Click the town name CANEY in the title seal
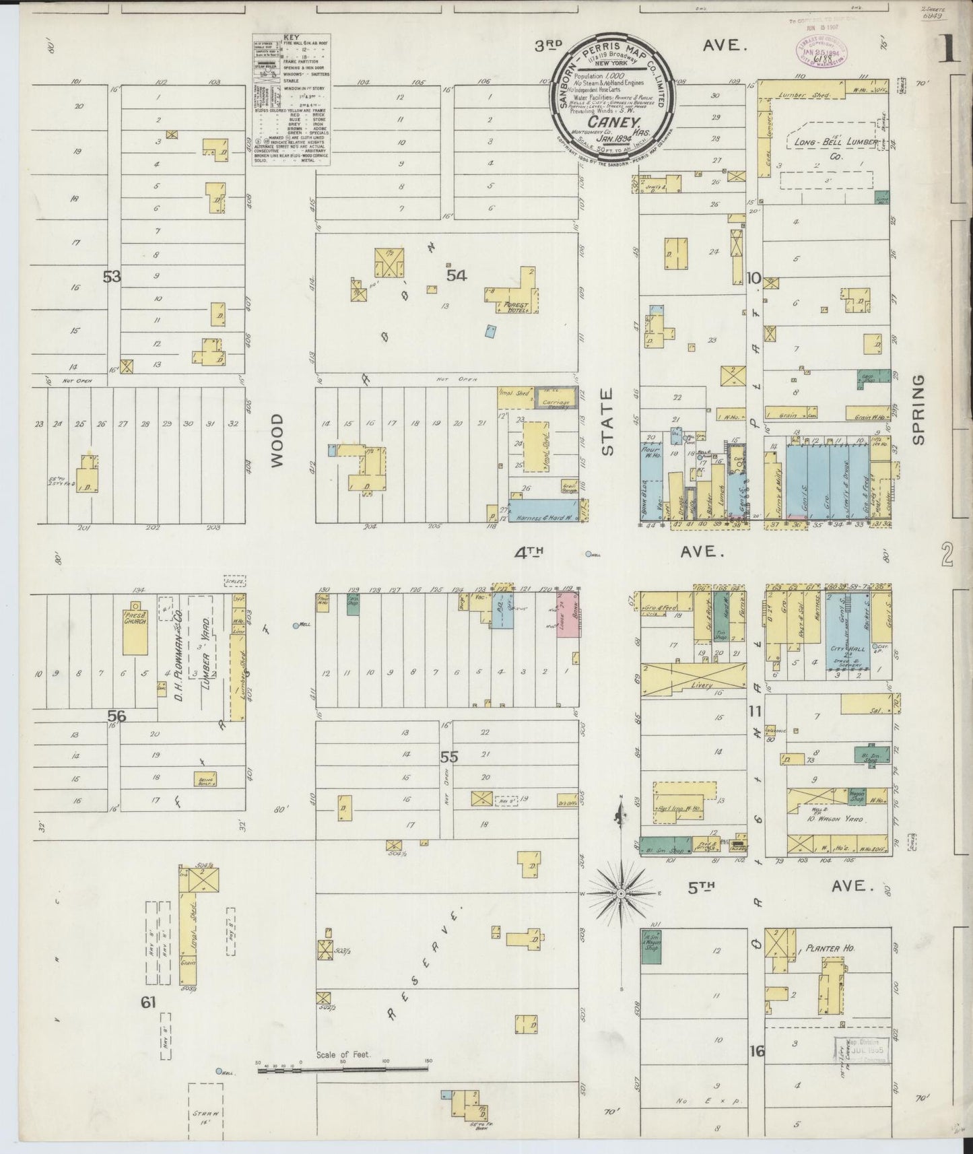(x=604, y=122)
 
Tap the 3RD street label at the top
(x=549, y=45)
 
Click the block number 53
(x=111, y=276)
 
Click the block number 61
(x=148, y=1003)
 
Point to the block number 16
(x=757, y=1050)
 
